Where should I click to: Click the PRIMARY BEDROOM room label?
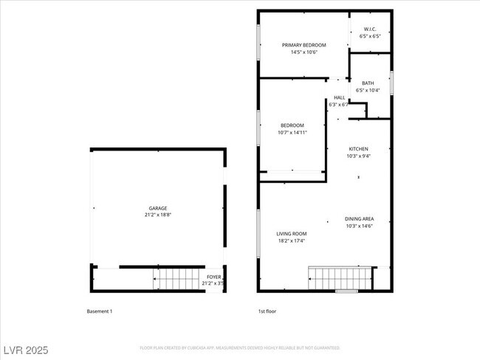pos(304,45)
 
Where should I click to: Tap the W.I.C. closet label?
pos(370,29)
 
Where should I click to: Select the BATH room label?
pos(367,83)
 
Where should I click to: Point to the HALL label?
pos(339,97)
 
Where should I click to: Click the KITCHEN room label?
pos(358,149)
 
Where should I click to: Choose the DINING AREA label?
pos(358,218)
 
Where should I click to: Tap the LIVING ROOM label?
pos(291,234)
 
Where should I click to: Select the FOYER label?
pos(214,277)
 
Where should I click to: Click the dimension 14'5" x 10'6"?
pos(304,52)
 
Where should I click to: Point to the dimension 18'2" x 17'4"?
pos(291,240)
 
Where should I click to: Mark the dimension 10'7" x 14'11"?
pos(292,133)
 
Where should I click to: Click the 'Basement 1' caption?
pos(100,311)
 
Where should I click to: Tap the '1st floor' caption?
pos(267,311)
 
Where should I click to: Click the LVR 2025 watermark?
pos(26,347)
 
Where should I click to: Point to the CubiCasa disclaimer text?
pos(239,347)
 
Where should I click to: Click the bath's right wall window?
pos(391,82)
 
